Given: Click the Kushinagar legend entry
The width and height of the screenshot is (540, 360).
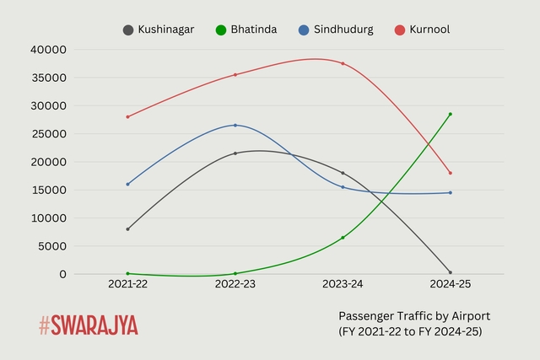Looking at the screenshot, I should pyautogui.click(x=159, y=30).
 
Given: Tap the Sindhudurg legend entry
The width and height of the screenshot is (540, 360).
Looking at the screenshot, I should pyautogui.click(x=337, y=30).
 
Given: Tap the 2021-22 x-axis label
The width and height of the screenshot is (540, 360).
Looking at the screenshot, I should pyautogui.click(x=128, y=285).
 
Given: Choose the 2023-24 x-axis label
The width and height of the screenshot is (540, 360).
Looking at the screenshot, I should pyautogui.click(x=343, y=285).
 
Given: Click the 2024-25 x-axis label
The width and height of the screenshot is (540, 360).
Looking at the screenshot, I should pyautogui.click(x=451, y=285).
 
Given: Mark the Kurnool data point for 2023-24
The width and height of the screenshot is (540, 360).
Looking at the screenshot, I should pyautogui.click(x=343, y=63).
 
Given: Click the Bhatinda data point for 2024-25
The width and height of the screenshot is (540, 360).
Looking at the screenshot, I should pyautogui.click(x=451, y=114).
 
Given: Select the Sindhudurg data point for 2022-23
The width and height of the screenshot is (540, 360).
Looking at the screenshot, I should pyautogui.click(x=235, y=125).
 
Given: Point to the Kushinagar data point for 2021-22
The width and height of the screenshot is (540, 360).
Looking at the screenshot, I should pyautogui.click(x=128, y=229).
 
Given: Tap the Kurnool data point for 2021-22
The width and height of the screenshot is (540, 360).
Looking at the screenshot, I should pyautogui.click(x=128, y=116).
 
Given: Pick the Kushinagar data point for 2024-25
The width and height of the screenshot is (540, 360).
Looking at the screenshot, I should pyautogui.click(x=451, y=272).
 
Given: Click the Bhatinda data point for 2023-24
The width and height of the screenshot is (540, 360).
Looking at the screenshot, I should pyautogui.click(x=343, y=238).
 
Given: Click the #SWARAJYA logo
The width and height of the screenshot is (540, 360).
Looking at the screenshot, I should pyautogui.click(x=88, y=325).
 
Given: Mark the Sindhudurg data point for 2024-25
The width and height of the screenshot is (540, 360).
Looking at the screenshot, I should pyautogui.click(x=451, y=193).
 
